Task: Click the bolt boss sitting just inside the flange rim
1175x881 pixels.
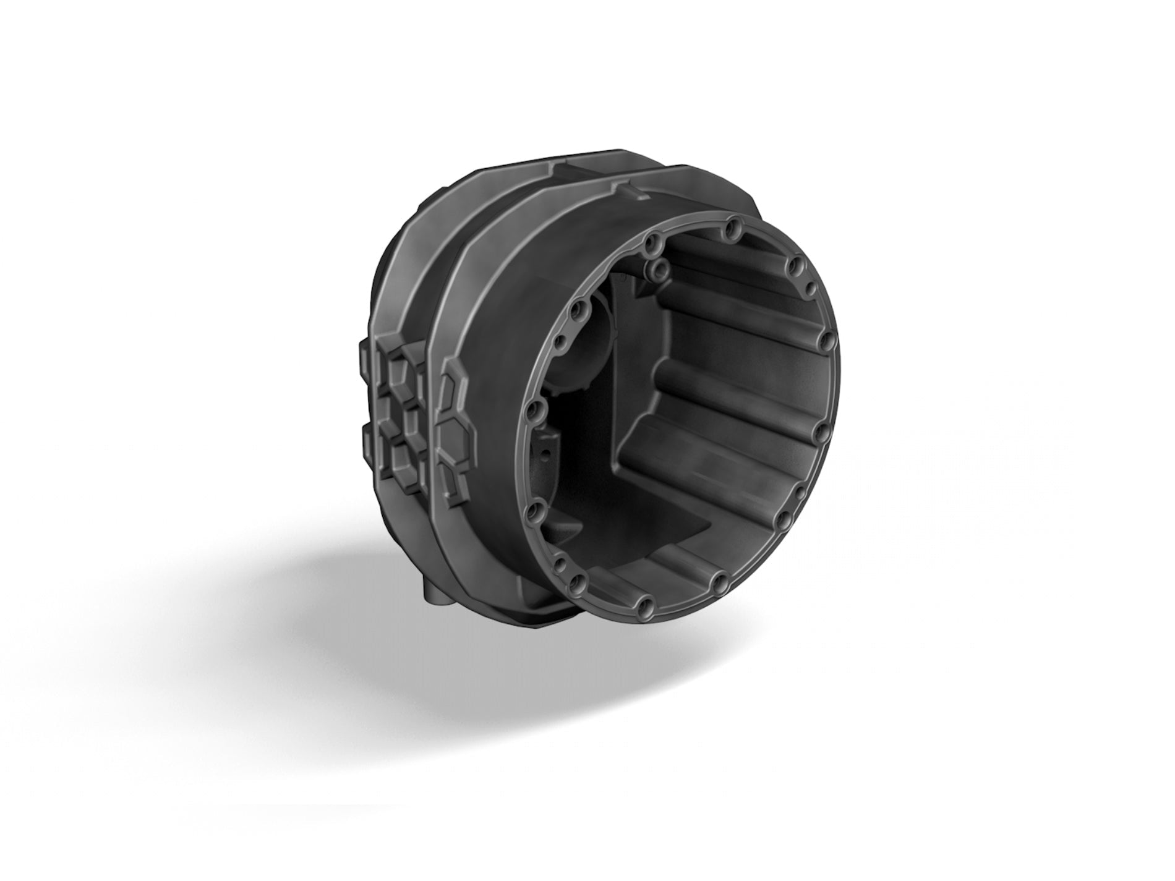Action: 661,267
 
